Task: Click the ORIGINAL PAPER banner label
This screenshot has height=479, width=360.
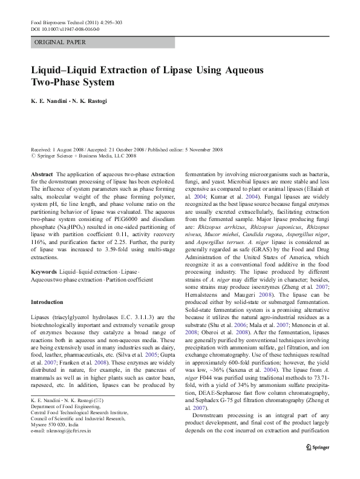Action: pyautogui.click(x=60, y=42)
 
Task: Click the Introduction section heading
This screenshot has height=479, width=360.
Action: pyautogui.click(x=47, y=302)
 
